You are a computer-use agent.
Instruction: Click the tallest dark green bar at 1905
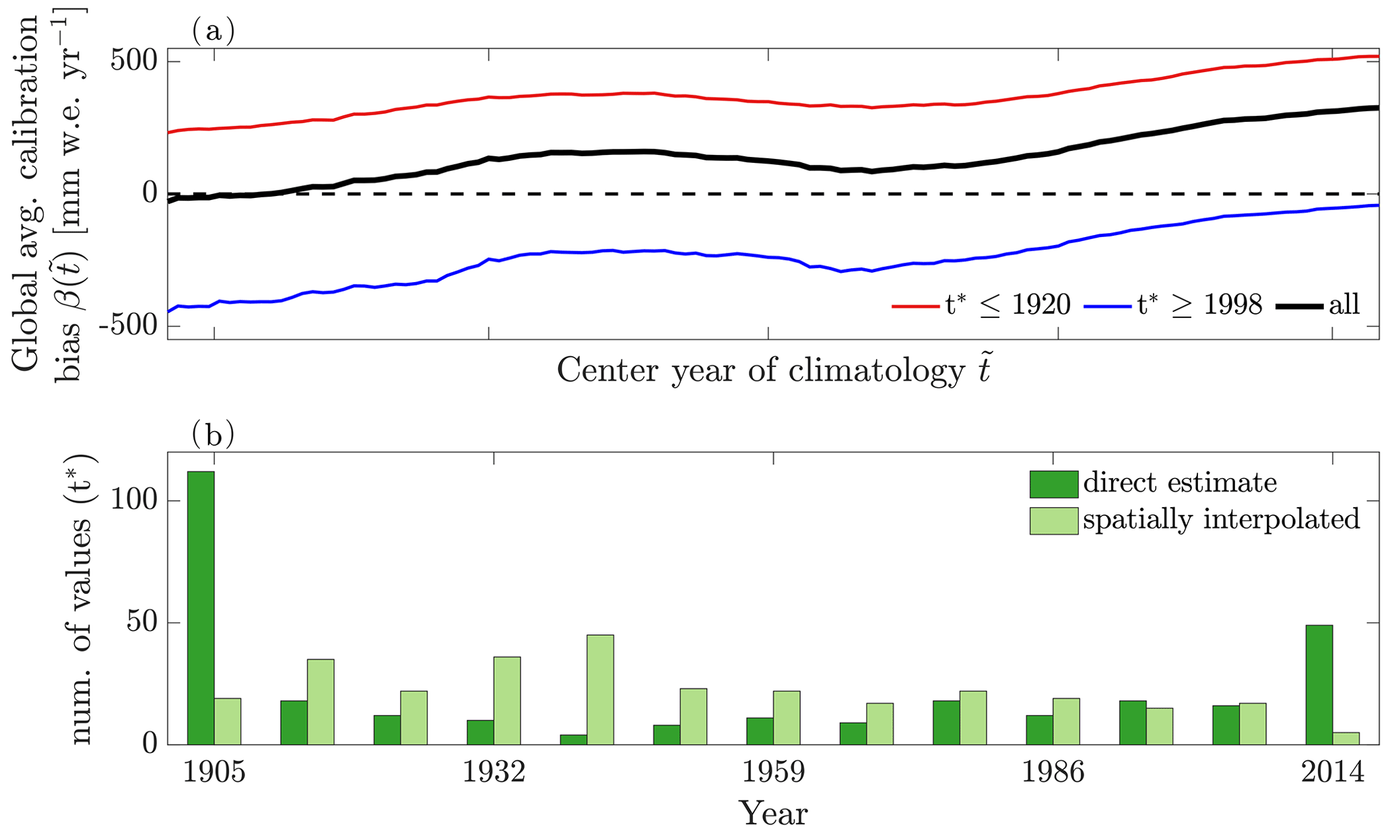[201, 607]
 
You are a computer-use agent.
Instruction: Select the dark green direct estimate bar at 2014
[1319, 684]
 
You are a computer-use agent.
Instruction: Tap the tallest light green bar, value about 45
[600, 689]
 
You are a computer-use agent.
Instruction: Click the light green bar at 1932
[507, 700]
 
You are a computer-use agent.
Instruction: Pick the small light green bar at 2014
[1346, 738]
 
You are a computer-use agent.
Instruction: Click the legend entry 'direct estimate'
[1180, 483]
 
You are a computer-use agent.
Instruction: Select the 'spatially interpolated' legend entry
[1222, 519]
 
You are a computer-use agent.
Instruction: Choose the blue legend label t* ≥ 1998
[1199, 305]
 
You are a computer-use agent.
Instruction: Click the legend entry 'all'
[1344, 305]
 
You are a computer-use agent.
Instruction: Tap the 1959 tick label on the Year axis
[773, 772]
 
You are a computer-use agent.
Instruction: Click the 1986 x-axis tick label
[1053, 772]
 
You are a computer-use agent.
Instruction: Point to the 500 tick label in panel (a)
[134, 62]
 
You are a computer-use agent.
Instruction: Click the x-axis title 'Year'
[773, 813]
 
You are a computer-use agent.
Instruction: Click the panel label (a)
[213, 31]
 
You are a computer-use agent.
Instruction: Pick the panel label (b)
[213, 435]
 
